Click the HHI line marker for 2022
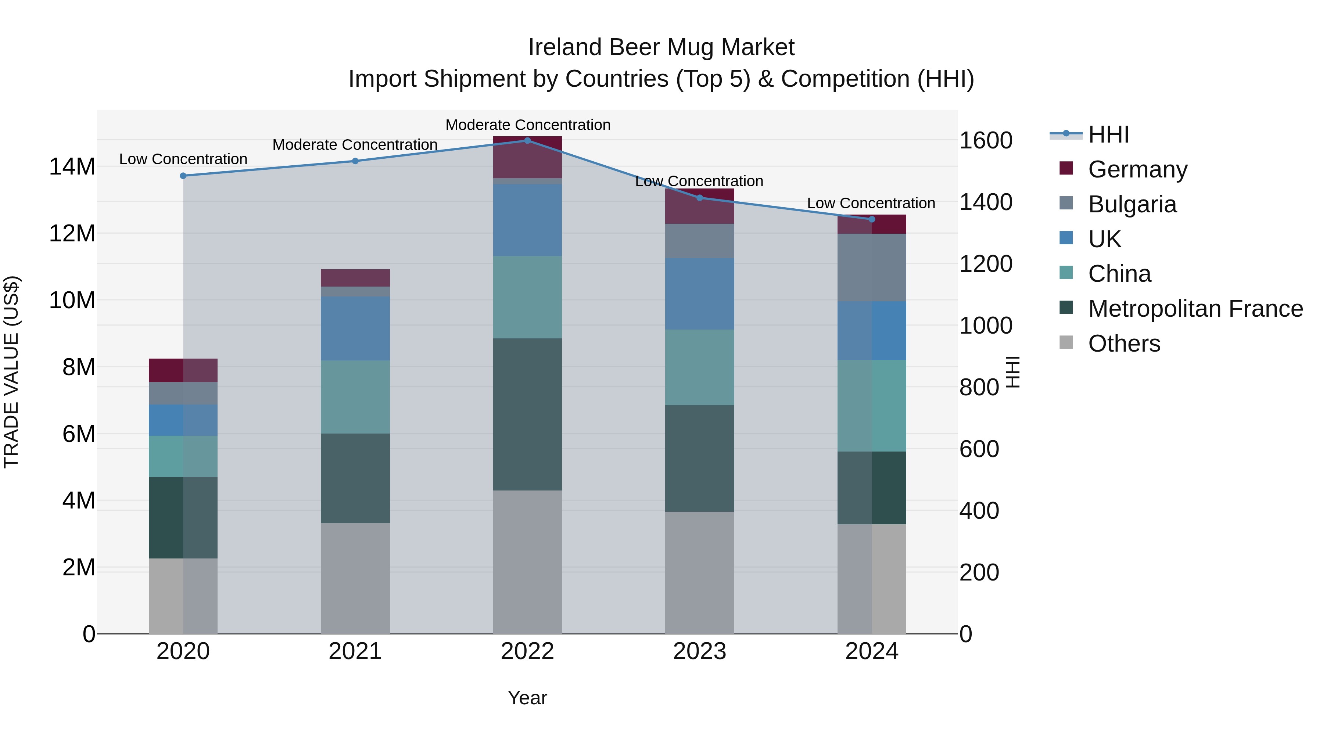(527, 140)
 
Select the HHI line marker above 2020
(183, 176)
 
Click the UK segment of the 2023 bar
(699, 294)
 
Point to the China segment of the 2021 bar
(355, 396)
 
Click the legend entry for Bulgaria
(1132, 204)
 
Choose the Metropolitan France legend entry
(1195, 309)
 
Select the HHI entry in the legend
(1108, 134)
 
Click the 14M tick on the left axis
(72, 167)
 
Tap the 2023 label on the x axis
(699, 651)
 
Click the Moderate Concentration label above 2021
(355, 145)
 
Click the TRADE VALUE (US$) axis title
(11, 372)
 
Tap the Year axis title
(527, 698)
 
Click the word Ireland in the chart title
(564, 47)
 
